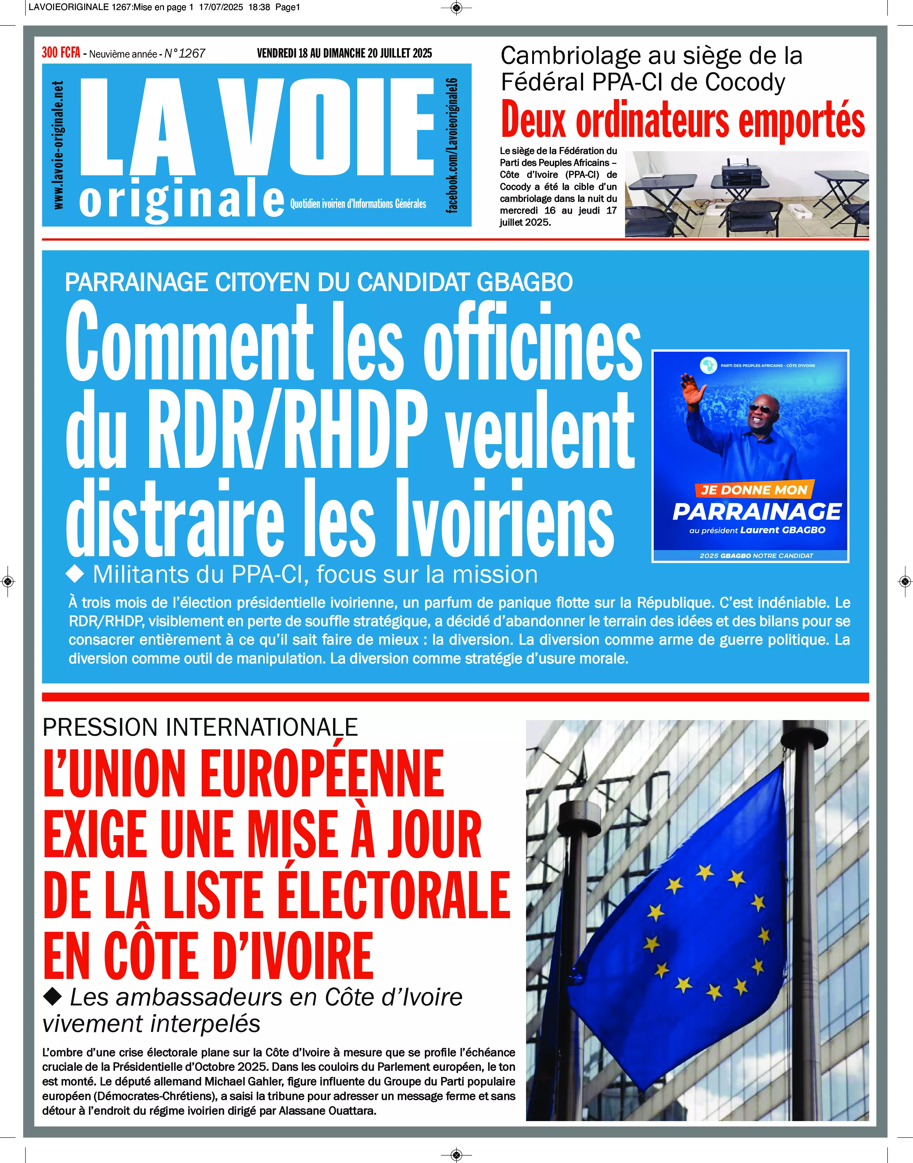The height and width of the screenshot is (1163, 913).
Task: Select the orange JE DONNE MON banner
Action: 754,489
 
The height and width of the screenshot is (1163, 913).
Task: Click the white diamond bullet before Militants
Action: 75,574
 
